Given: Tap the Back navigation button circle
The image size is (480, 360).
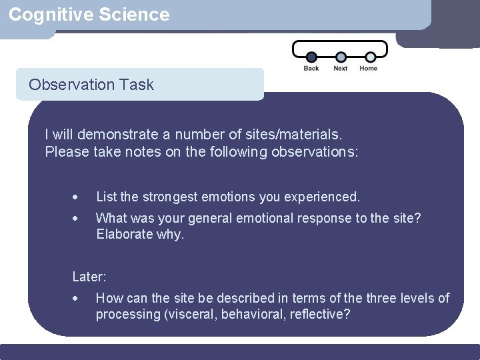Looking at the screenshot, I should [x=311, y=57].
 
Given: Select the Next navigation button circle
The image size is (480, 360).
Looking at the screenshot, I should [x=341, y=57].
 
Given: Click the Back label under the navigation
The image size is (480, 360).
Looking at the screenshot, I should [x=311, y=69].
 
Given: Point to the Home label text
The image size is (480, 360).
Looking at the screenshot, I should [x=368, y=69].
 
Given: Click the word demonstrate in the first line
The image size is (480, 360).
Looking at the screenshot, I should [x=111, y=135].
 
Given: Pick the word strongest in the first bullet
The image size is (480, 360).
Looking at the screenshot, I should [x=169, y=197].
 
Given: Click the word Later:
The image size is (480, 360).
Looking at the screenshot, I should [x=89, y=276].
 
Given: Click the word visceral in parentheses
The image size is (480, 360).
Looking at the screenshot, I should [x=190, y=314].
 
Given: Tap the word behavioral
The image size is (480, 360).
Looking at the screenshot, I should [x=253, y=314].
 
